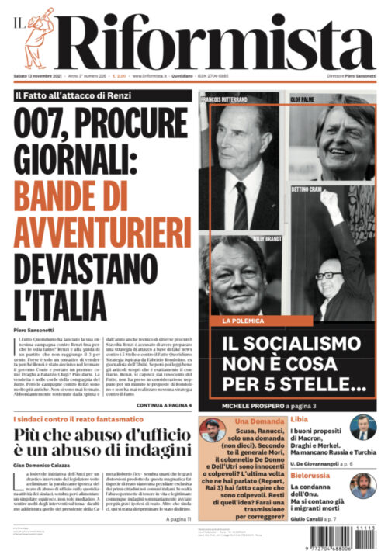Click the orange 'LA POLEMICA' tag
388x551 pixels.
(242, 321)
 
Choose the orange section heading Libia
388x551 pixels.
(299, 420)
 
